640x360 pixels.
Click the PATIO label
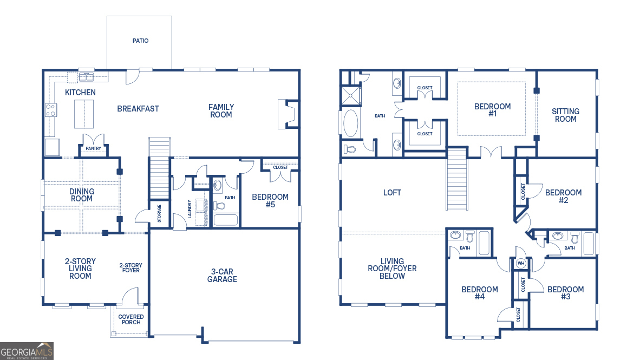pyautogui.click(x=140, y=41)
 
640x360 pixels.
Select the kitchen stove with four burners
pyautogui.click(x=51, y=110)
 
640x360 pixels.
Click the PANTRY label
pyautogui.click(x=93, y=148)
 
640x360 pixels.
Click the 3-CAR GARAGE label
pyautogui.click(x=222, y=276)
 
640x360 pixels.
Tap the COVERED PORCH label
pyautogui.click(x=131, y=319)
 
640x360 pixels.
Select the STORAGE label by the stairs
pyautogui.click(x=159, y=213)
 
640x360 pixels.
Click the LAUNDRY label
pyautogui.click(x=190, y=209)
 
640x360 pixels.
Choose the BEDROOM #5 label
pyautogui.click(x=270, y=201)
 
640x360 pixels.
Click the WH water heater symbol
pyautogui.click(x=521, y=263)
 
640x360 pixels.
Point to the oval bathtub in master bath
pyautogui.click(x=351, y=123)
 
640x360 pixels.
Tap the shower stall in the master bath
pyautogui.click(x=351, y=95)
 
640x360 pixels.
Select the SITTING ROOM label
pyautogui.click(x=565, y=115)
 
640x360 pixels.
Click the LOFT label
pyautogui.click(x=392, y=193)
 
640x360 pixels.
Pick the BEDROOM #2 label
pyautogui.click(x=563, y=197)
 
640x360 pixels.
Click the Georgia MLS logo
pyautogui.click(x=27, y=351)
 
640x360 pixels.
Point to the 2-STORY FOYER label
pyautogui.click(x=130, y=268)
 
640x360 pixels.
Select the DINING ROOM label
pyautogui.click(x=81, y=195)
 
